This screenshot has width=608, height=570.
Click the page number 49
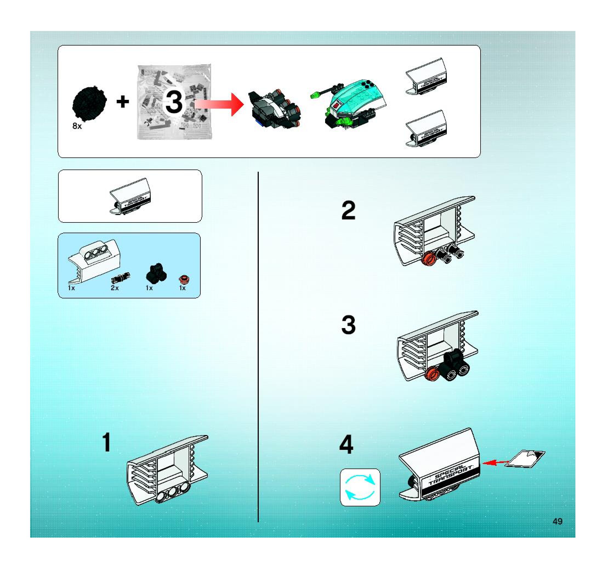point(557,521)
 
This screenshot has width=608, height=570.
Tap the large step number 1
point(106,442)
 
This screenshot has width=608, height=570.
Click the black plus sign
point(123,101)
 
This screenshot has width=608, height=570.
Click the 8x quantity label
point(77,126)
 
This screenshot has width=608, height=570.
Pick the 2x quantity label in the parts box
point(115,288)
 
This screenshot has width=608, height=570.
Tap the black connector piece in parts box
point(157,272)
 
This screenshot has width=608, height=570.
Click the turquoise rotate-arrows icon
point(360,487)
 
